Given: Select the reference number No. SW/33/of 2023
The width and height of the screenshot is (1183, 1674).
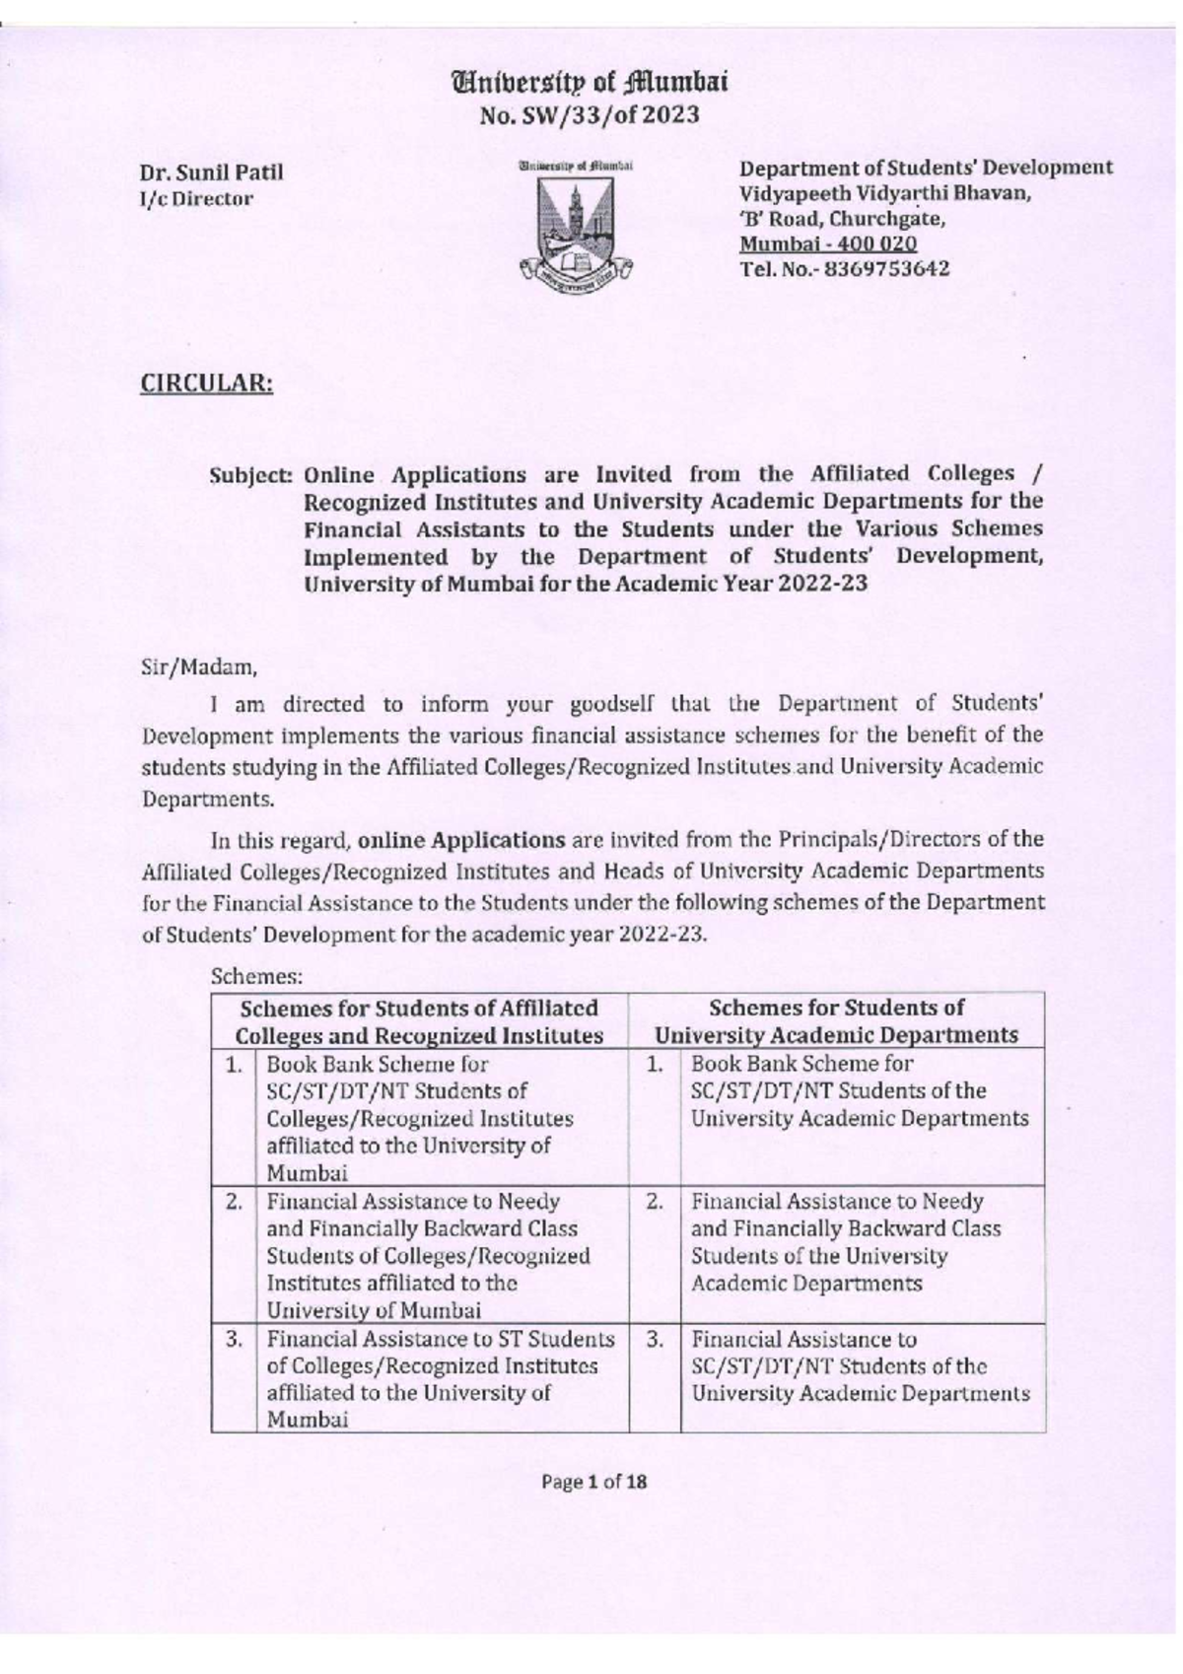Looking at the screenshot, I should coord(589,115).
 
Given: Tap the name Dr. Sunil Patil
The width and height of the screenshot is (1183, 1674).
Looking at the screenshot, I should coord(212,173).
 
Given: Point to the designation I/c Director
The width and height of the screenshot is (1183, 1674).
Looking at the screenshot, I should coord(197,198).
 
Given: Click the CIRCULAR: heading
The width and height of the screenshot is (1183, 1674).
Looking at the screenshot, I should coord(206,384).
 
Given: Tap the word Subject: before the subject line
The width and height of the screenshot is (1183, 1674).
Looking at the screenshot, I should coord(251,474).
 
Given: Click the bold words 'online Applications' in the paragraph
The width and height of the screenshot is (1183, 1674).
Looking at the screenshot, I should coord(460,841).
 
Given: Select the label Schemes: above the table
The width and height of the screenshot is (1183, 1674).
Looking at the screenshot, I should coord(256,977).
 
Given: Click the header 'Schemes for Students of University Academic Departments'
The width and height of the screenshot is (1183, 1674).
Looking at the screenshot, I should coord(836,1021).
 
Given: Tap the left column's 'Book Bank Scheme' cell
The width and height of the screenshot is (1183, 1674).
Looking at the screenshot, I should coord(420,1118).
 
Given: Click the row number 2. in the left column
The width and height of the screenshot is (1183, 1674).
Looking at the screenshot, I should coord(234,1202).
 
